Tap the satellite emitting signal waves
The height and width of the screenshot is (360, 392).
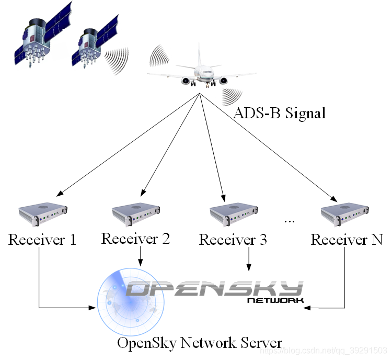[x=94, y=44]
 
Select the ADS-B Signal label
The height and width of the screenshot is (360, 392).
[x=279, y=113]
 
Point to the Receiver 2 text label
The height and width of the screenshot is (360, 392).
[x=135, y=239]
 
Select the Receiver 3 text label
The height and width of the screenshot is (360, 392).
[x=233, y=240]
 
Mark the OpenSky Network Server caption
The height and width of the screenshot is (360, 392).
[x=200, y=343]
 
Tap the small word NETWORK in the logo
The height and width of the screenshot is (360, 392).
[x=275, y=301]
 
